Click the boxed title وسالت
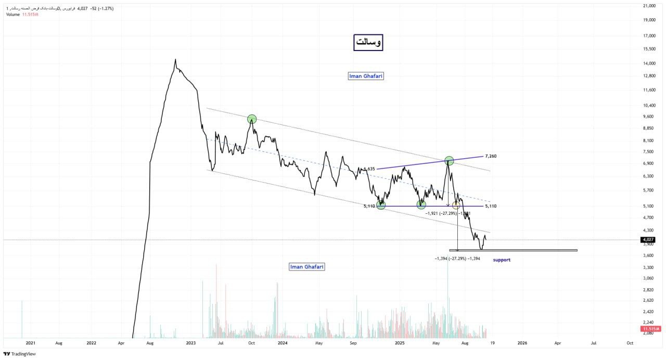click(x=368, y=43)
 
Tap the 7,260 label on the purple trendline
click(x=491, y=156)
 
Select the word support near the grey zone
click(x=502, y=260)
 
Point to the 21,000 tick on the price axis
click(x=649, y=6)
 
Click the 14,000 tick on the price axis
click(x=649, y=63)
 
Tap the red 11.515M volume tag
click(x=651, y=329)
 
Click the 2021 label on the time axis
click(x=31, y=343)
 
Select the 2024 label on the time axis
click(x=283, y=343)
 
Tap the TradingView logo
click(x=20, y=354)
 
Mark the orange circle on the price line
click(x=456, y=205)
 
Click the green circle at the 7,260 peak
click(x=449, y=161)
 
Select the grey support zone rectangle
click(x=513, y=250)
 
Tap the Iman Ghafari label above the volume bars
click(x=307, y=267)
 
